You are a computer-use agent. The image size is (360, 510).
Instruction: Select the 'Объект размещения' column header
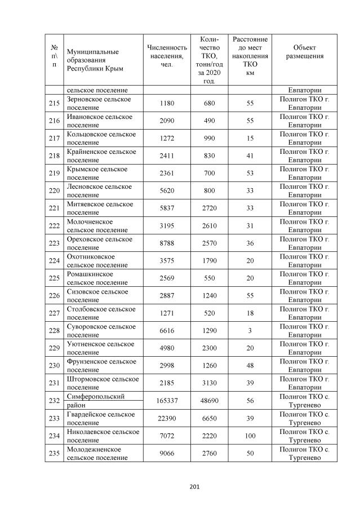(304, 52)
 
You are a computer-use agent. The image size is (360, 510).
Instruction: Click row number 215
(54, 103)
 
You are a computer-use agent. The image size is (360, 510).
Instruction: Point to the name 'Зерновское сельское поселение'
(99, 103)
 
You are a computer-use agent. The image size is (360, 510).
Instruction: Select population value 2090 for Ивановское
(167, 121)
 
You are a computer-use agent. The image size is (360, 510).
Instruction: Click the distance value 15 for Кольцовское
(250, 139)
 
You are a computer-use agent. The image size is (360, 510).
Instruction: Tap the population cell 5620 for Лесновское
(167, 191)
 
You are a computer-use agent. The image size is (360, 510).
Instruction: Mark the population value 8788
(167, 243)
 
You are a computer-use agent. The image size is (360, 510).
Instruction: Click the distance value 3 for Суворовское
(250, 331)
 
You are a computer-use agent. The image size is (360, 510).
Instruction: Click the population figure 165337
(167, 401)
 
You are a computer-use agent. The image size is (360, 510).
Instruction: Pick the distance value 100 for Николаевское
(250, 436)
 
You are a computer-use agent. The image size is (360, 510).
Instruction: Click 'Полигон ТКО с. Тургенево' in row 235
(304, 453)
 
